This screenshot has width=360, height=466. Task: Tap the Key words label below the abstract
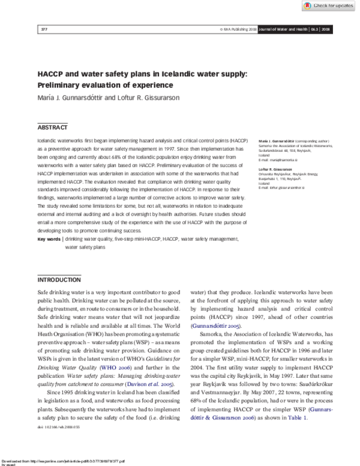point(49,239)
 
